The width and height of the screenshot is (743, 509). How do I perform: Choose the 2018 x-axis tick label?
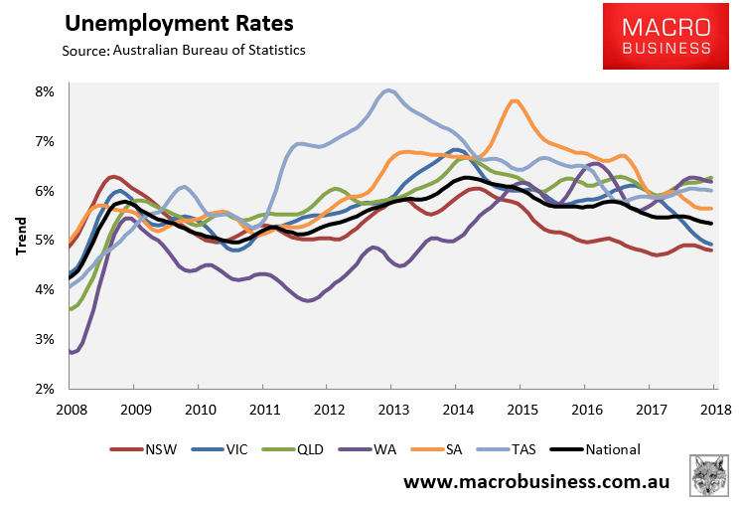pos(716,409)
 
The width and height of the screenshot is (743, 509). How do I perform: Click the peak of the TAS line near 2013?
pos(388,91)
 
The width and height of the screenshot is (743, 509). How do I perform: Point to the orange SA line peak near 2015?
pos(514,100)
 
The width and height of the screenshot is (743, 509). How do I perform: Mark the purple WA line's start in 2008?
pos(72,352)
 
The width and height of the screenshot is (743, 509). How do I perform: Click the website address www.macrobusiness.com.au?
pos(536,482)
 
